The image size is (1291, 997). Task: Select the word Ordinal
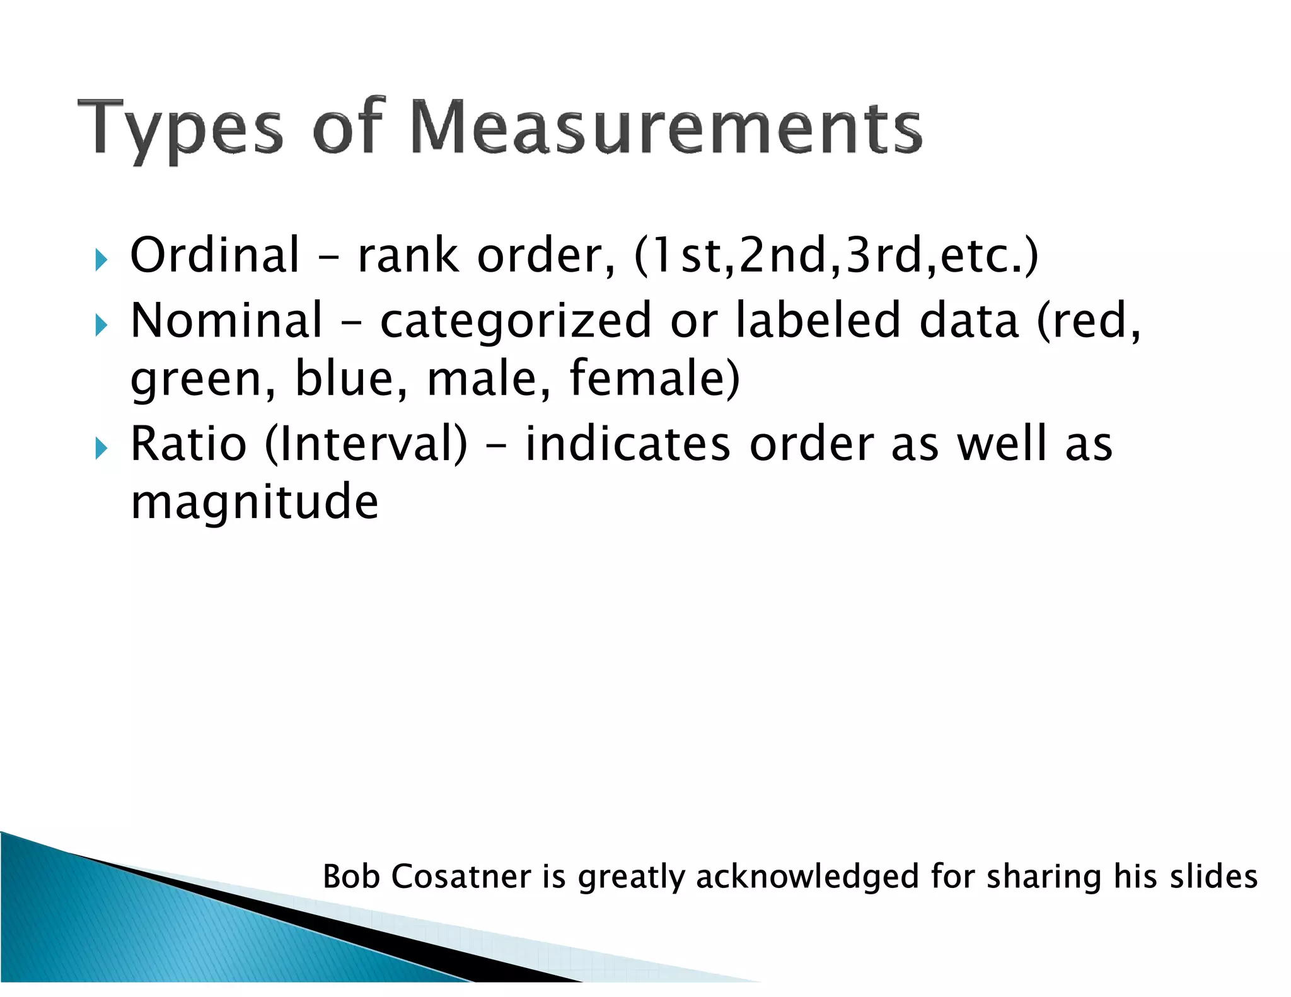click(x=214, y=255)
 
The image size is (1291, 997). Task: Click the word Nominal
click(x=226, y=320)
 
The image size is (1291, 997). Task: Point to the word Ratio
click(x=188, y=444)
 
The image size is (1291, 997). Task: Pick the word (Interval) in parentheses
click(x=366, y=444)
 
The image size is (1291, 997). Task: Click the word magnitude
click(x=254, y=502)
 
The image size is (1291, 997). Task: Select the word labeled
click(x=818, y=320)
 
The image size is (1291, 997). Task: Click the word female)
click(x=654, y=378)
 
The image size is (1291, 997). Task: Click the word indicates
click(x=627, y=444)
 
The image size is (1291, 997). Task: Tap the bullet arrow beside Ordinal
click(x=101, y=259)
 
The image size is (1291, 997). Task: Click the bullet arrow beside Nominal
click(x=101, y=325)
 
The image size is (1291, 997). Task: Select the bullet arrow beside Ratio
click(x=101, y=449)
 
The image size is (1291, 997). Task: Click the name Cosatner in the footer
click(x=461, y=877)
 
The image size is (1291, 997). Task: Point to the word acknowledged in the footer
click(x=808, y=877)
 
